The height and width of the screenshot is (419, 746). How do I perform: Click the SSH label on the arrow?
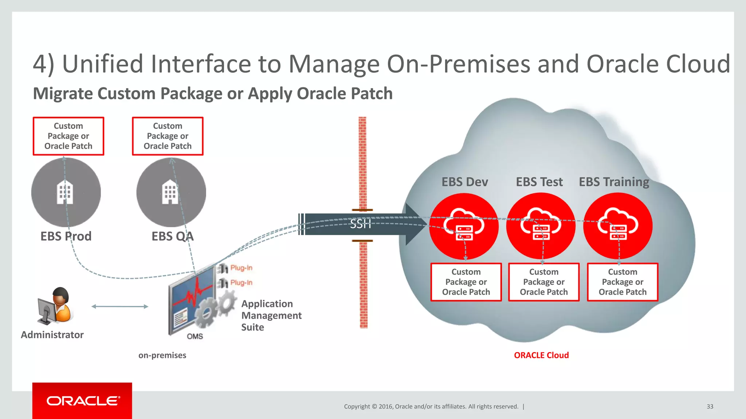click(x=360, y=224)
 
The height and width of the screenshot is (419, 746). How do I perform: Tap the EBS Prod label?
click(x=66, y=236)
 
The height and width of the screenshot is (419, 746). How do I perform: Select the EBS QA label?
click(x=172, y=236)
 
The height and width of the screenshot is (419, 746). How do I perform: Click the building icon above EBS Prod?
click(x=65, y=192)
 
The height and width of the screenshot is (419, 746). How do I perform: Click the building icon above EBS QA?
click(x=170, y=192)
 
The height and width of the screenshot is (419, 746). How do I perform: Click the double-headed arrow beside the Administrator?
click(x=120, y=307)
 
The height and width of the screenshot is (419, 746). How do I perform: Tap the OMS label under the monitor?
click(x=195, y=336)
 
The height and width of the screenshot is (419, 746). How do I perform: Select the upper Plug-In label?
click(x=241, y=268)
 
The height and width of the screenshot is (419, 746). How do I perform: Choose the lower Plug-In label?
click(x=241, y=283)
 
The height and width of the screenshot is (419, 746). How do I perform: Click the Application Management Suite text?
click(x=271, y=315)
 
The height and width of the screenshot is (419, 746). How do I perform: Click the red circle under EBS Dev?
click(x=464, y=226)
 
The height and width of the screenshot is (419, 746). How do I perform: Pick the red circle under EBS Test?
click(x=541, y=226)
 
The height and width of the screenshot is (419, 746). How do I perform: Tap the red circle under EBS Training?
click(x=618, y=226)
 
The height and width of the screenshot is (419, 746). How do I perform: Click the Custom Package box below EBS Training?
click(x=623, y=282)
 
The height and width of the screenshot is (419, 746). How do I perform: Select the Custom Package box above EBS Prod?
click(x=68, y=136)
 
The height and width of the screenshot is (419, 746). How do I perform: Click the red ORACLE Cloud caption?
click(x=541, y=355)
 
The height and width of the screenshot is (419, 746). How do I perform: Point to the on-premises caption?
click(x=162, y=355)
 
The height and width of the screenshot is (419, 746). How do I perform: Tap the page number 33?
click(x=710, y=407)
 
